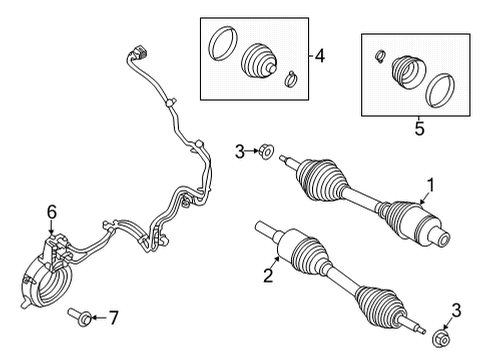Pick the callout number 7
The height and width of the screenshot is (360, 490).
114,318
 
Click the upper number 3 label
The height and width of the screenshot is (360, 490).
239,151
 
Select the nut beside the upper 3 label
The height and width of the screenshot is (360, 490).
265,152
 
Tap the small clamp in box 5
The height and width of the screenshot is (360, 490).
380,54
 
